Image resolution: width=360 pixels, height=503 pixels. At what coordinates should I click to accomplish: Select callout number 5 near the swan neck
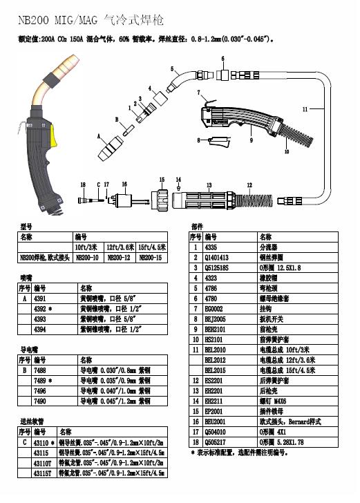coord(172,68)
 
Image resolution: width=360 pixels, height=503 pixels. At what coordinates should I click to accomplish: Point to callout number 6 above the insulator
coord(222,58)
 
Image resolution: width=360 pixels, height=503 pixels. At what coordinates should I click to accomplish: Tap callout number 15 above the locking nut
coord(162,179)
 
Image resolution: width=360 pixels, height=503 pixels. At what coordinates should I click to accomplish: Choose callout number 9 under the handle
coord(250,140)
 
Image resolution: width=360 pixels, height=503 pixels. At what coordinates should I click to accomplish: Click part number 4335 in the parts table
coord(212,247)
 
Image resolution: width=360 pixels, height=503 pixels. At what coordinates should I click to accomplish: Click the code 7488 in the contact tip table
coord(40,370)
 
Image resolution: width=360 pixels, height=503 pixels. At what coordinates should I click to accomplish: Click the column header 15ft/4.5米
coord(152,247)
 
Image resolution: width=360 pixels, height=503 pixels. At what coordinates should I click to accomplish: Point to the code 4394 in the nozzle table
coord(40,330)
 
